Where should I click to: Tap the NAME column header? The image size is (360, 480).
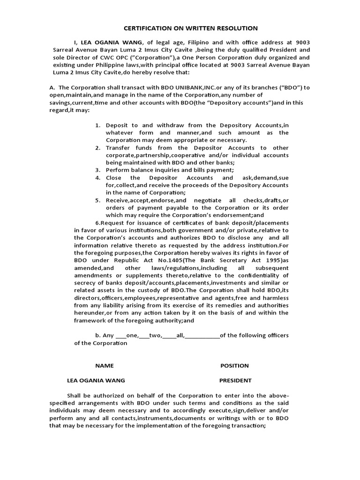point(105,366)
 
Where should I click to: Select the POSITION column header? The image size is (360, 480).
point(234,366)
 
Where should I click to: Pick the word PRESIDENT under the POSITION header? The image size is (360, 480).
point(235,381)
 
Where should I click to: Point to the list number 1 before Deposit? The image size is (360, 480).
point(98,125)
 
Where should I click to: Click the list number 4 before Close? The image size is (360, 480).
point(98,178)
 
